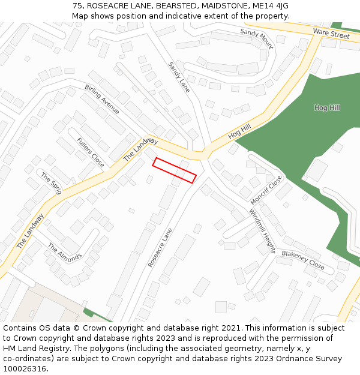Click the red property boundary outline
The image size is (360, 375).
click(x=174, y=170)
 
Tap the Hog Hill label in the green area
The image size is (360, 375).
click(x=326, y=108)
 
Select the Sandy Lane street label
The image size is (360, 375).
click(x=178, y=77)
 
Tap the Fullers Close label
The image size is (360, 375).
click(x=91, y=152)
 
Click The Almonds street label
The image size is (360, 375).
click(x=64, y=253)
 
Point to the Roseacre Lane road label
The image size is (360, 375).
click(x=160, y=247)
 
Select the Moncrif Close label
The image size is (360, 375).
click(x=266, y=190)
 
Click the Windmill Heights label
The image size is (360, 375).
click(x=262, y=231)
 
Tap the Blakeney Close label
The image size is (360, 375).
click(x=303, y=260)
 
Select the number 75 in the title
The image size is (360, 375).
click(x=77, y=6)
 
